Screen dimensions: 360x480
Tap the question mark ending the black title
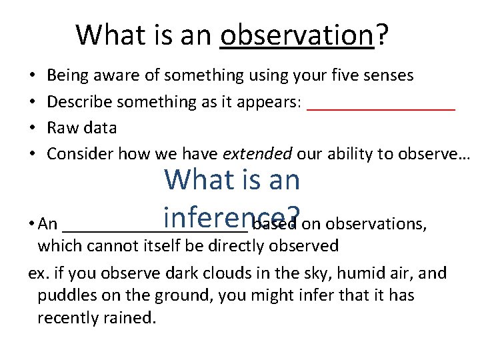click(383, 35)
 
